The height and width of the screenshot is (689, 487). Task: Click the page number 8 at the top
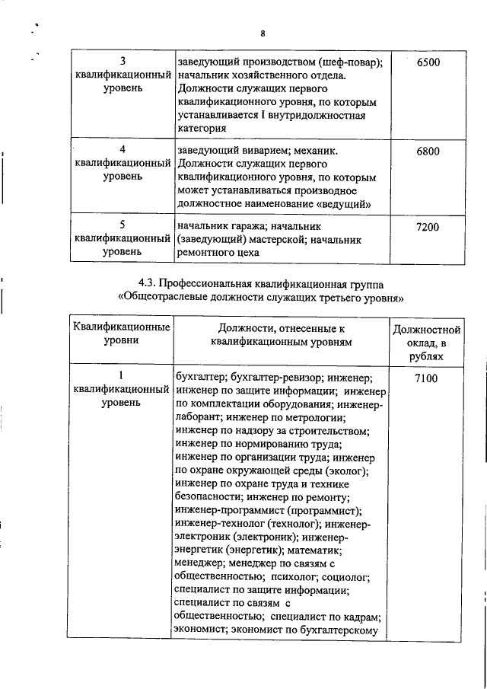262,33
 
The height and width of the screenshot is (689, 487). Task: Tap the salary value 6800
428,151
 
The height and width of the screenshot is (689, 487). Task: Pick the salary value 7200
428,227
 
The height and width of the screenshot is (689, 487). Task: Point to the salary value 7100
428,377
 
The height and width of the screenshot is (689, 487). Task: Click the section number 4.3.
149,282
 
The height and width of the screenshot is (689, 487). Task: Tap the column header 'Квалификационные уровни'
122,336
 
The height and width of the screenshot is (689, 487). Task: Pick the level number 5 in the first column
122,226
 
